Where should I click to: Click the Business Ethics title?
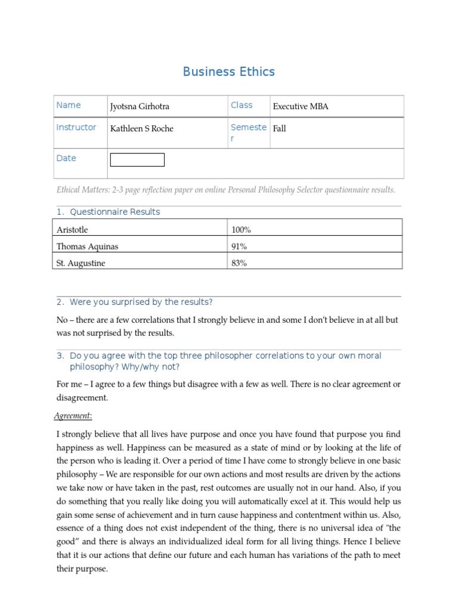click(228, 72)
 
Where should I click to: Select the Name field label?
click(69, 105)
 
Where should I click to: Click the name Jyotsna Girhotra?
click(140, 107)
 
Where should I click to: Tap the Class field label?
click(242, 105)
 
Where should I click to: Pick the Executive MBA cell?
click(301, 107)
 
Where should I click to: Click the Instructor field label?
click(76, 127)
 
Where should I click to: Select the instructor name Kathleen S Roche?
click(142, 128)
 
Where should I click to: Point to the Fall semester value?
click(279, 128)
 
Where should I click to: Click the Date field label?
click(66, 158)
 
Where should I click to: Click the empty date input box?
click(137, 160)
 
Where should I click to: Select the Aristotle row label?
click(72, 229)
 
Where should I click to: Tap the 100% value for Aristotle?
click(242, 229)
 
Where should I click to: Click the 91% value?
click(239, 246)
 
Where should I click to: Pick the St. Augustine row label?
click(81, 263)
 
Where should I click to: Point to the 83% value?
click(239, 263)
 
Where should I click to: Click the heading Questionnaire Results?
click(114, 212)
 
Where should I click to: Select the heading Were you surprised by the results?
click(141, 302)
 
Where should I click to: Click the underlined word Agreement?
click(74, 416)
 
